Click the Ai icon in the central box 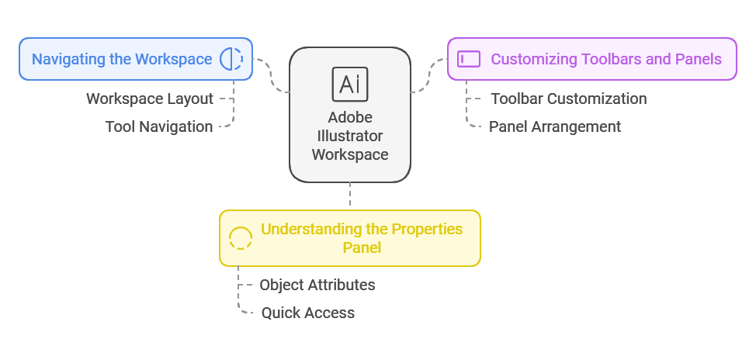(350, 85)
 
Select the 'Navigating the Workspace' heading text (121, 59)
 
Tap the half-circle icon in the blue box (231, 59)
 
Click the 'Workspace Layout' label (150, 99)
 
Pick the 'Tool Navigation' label (159, 126)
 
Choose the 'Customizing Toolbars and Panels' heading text (606, 59)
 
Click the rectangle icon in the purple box (469, 59)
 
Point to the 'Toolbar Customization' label (569, 99)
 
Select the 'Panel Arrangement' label (555, 126)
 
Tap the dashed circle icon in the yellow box (241, 238)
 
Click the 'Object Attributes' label (317, 285)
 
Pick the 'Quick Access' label (308, 313)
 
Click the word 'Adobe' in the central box (350, 118)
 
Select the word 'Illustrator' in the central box (350, 136)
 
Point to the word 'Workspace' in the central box (350, 154)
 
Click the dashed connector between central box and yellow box (350, 196)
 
